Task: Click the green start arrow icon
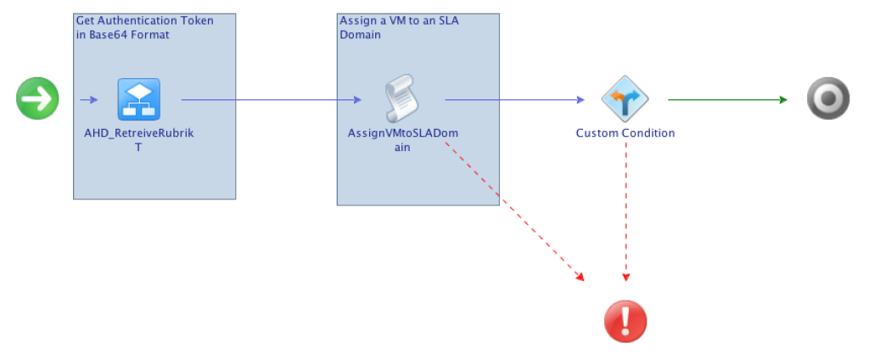point(37,98)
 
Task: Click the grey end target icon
point(827,99)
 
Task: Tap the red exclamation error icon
point(625,322)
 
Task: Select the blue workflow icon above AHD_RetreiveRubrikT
point(138,99)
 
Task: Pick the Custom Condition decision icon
point(625,98)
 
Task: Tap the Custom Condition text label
point(625,133)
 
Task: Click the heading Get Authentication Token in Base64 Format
point(144,27)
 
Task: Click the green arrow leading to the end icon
point(726,99)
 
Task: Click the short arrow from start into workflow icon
point(89,99)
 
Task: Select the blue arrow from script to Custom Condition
point(514,99)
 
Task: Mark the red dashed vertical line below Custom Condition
point(625,212)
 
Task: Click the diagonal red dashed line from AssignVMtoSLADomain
point(509,212)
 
